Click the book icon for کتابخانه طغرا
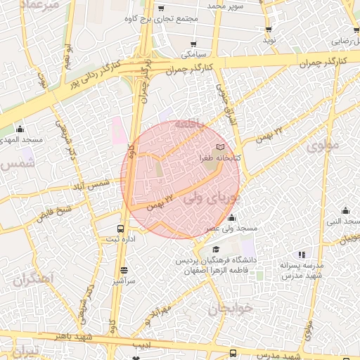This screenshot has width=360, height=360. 221,148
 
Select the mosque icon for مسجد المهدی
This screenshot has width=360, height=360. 20,129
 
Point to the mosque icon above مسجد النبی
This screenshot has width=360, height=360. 345,210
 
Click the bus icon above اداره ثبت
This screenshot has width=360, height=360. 120,229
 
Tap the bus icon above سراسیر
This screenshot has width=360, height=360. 124,269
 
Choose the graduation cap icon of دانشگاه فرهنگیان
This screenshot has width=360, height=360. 217,250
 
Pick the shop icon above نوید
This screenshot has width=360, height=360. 269,30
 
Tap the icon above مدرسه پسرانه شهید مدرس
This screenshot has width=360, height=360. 302,255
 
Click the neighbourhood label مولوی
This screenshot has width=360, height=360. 323,146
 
